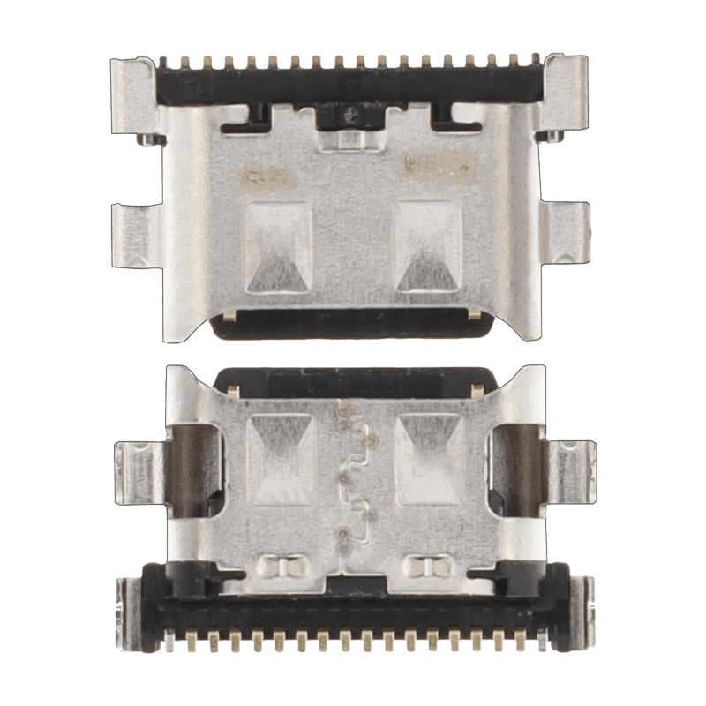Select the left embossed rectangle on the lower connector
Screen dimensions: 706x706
[x=280, y=459]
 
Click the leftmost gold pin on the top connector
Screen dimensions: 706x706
[x=166, y=62]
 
